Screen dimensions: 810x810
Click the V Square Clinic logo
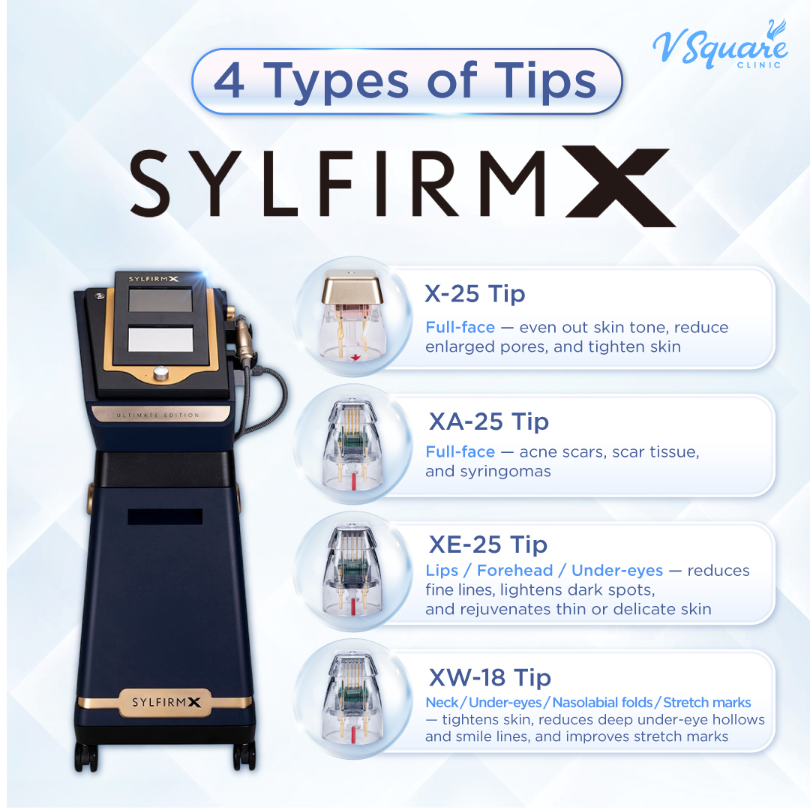pyautogui.click(x=719, y=46)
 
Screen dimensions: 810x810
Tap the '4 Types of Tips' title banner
pyautogui.click(x=406, y=81)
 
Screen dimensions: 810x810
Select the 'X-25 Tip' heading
pyautogui.click(x=475, y=294)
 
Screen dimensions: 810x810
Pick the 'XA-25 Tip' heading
pyautogui.click(x=488, y=421)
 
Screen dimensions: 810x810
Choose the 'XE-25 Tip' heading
pyautogui.click(x=488, y=544)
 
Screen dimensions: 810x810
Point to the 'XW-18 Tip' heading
pyautogui.click(x=490, y=678)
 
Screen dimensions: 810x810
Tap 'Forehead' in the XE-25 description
pyautogui.click(x=515, y=571)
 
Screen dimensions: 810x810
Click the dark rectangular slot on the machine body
pyautogui.click(x=165, y=517)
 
